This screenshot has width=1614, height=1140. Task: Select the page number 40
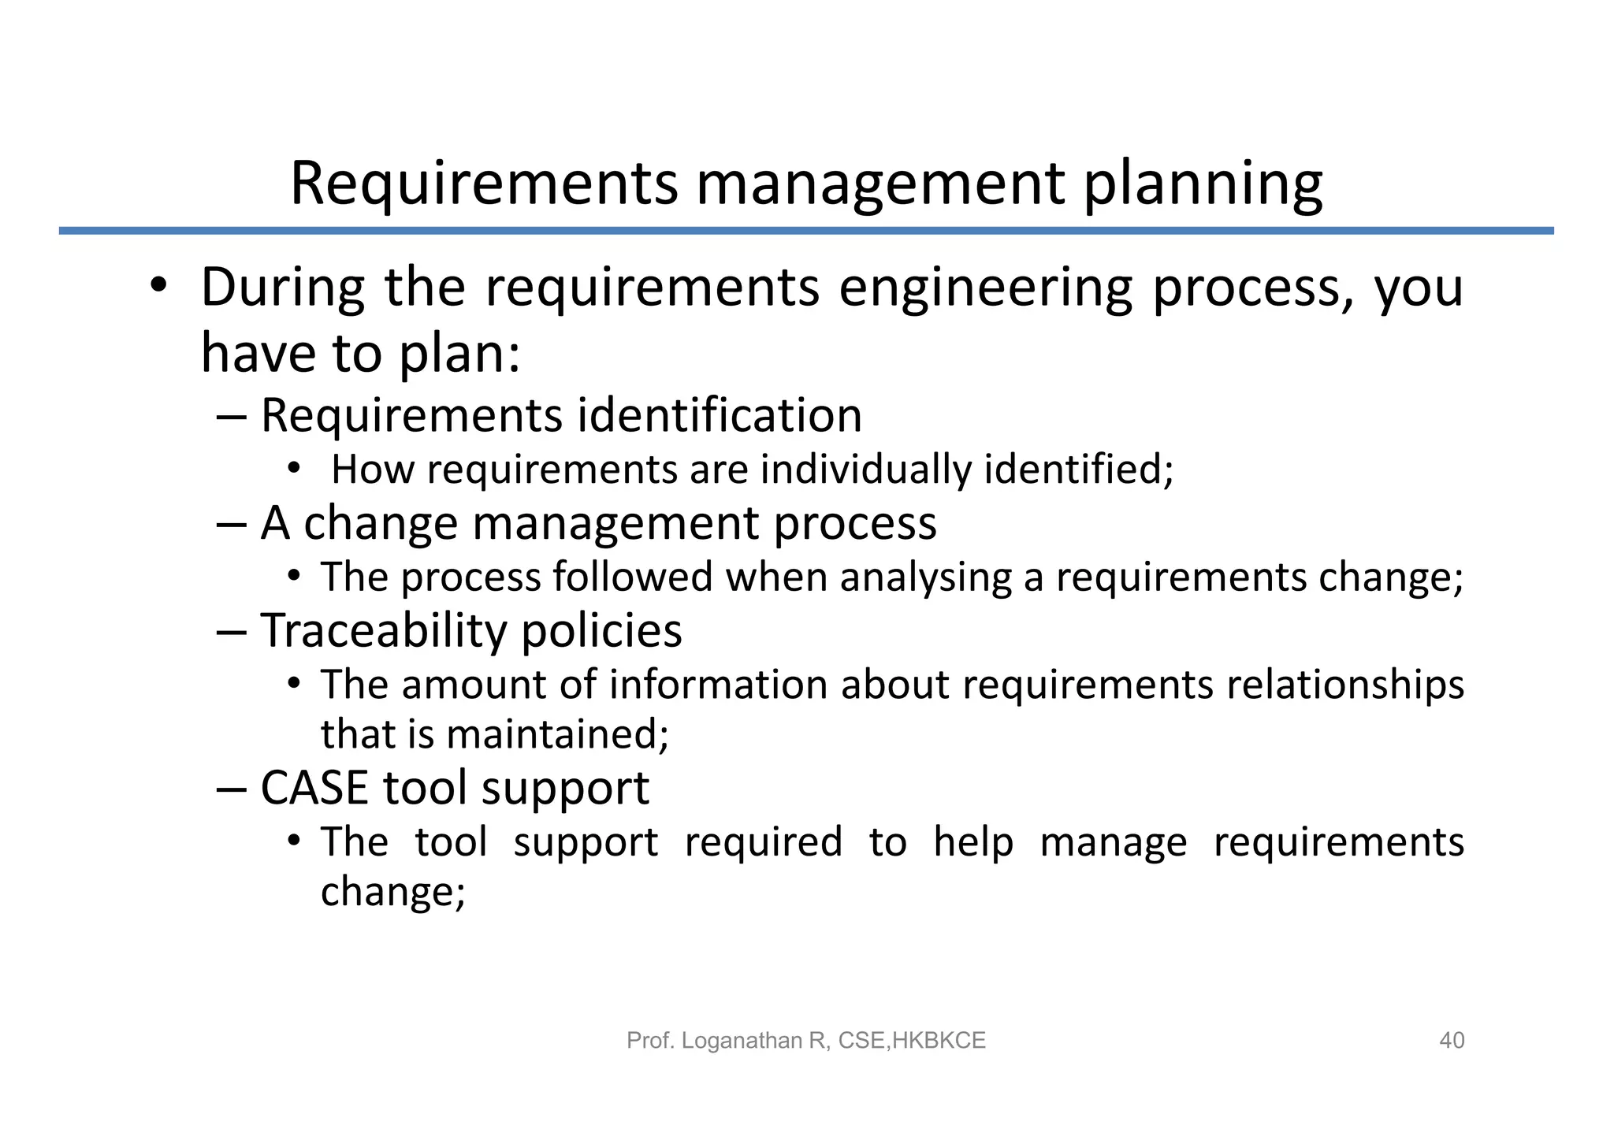point(1452,1041)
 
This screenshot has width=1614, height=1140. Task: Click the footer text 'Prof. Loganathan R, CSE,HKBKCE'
point(806,1041)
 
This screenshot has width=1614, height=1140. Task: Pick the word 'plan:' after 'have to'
point(460,354)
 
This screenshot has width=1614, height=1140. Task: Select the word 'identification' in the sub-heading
point(720,415)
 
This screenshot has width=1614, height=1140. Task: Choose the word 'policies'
point(601,630)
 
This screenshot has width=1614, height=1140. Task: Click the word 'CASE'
point(314,788)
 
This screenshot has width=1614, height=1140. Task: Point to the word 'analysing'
point(925,577)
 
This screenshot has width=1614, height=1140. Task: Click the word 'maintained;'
point(557,734)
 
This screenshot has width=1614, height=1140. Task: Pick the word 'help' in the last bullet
point(973,841)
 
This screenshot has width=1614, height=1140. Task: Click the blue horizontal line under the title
point(806,231)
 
